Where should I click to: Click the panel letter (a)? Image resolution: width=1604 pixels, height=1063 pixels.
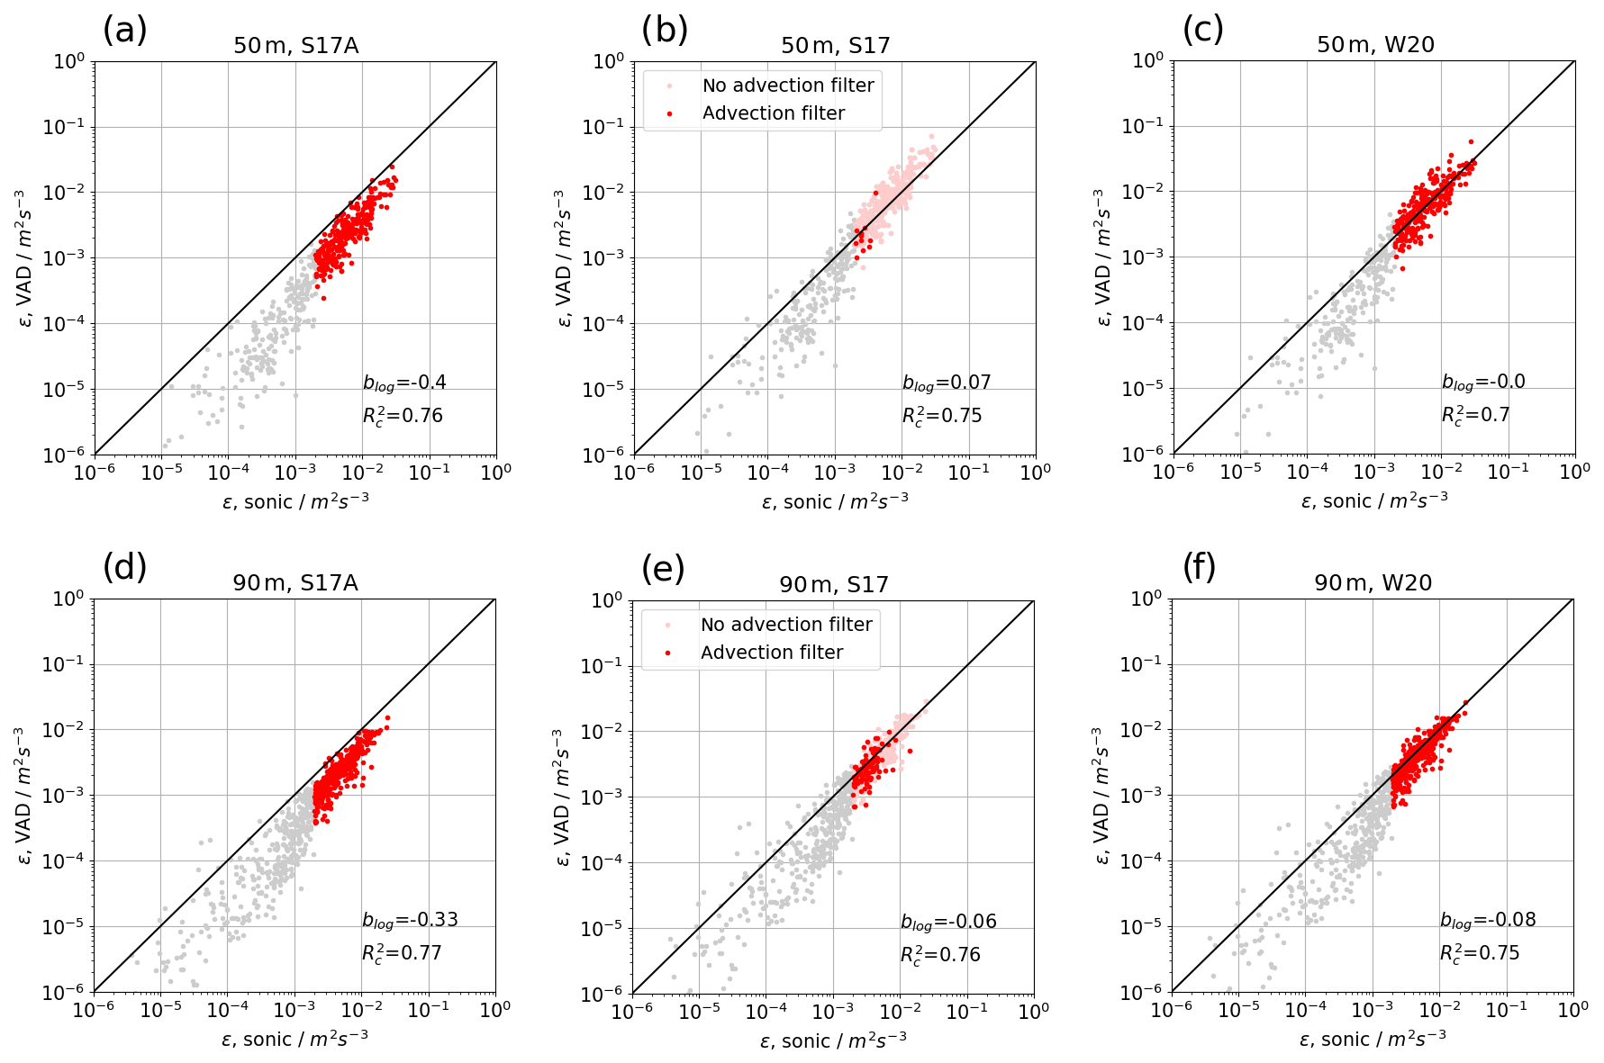124,31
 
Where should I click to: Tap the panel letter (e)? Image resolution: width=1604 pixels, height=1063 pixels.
663,569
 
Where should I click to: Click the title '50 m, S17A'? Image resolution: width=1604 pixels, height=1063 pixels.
295,46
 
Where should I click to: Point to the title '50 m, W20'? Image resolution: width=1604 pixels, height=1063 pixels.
1375,45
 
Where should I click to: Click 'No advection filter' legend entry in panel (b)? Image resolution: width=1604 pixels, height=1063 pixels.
788,86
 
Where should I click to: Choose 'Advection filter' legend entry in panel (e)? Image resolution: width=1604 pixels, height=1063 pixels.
772,653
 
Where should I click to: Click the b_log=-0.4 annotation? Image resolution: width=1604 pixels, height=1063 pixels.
404,383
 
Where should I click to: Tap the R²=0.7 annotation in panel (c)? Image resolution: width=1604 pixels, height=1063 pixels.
1475,415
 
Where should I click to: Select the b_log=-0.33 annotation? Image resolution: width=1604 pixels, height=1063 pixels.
410,920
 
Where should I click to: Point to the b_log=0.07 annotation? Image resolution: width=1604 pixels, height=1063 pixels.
947,383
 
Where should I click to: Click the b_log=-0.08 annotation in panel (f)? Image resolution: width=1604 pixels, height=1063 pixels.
1488,920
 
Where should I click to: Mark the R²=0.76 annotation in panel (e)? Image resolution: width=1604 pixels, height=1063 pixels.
940,955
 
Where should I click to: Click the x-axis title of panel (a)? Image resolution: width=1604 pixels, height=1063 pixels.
295,501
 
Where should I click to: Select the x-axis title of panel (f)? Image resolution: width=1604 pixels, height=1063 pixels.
1373,1040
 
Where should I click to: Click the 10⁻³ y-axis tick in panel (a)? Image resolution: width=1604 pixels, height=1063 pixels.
65,257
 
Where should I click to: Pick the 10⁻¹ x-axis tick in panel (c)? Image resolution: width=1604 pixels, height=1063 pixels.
1507,471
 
